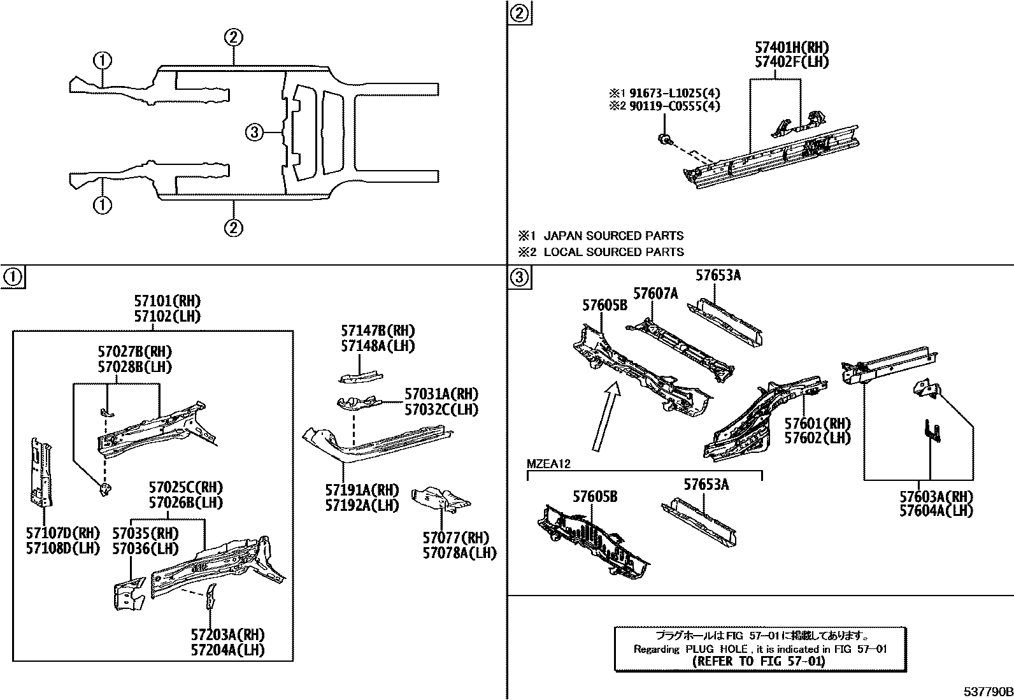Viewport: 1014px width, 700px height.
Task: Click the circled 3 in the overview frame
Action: pyautogui.click(x=253, y=132)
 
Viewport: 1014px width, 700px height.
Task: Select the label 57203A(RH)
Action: pyautogui.click(x=227, y=634)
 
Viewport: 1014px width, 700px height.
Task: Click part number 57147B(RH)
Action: pyautogui.click(x=378, y=331)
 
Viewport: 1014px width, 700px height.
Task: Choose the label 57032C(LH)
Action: pyautogui.click(x=441, y=410)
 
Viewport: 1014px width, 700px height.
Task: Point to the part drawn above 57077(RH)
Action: pyautogui.click(x=441, y=498)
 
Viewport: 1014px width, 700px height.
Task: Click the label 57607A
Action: pyautogui.click(x=656, y=294)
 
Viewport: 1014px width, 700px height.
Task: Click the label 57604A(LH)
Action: pyautogui.click(x=936, y=511)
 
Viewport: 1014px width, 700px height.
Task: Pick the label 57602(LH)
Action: pyautogui.click(x=817, y=438)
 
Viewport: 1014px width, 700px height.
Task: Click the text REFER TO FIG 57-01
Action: pyautogui.click(x=758, y=661)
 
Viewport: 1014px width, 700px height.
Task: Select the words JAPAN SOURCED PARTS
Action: pyautogui.click(x=613, y=236)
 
